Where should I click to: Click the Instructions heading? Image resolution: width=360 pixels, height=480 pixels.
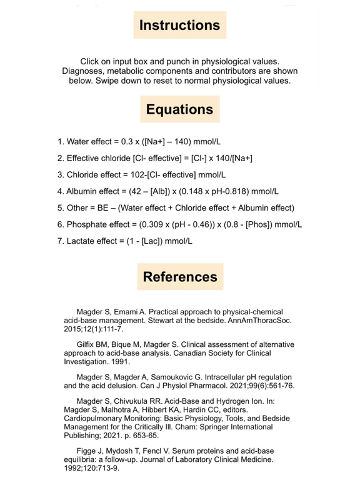(179, 26)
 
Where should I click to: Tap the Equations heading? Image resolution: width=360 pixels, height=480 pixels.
(179, 109)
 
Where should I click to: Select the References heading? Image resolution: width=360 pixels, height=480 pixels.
(180, 277)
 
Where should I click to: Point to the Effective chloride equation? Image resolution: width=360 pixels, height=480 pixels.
(154, 159)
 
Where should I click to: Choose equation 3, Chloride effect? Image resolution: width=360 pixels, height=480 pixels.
(141, 175)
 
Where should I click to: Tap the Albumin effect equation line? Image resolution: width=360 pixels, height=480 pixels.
(167, 191)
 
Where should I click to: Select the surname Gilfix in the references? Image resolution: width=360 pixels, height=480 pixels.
(89, 345)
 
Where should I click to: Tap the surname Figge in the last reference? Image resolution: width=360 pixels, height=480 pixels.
(87, 451)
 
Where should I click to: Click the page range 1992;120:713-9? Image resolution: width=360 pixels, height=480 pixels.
(95, 467)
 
